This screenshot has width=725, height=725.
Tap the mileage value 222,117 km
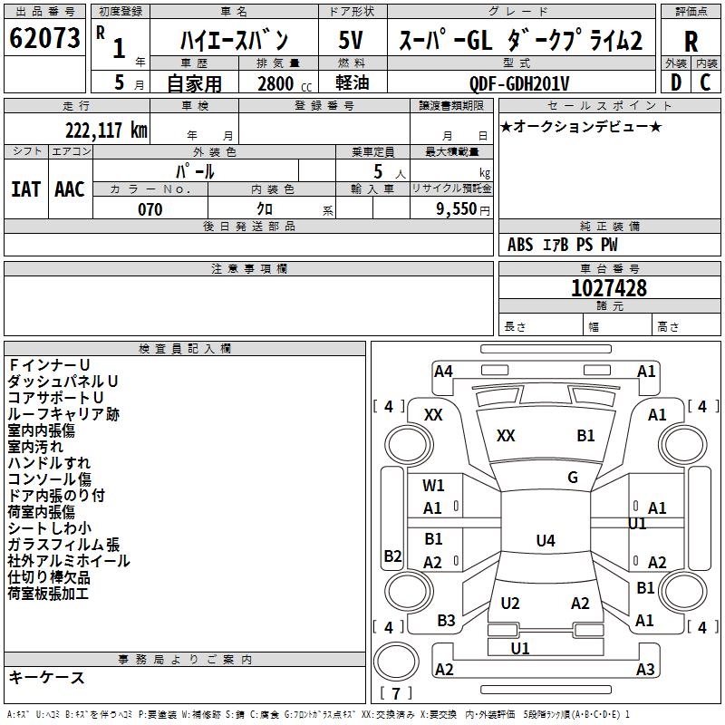(106, 130)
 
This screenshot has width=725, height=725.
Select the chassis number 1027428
(609, 288)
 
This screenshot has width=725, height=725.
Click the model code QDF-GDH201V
(525, 83)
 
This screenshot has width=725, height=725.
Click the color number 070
(150, 209)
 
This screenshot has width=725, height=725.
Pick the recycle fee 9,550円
(462, 209)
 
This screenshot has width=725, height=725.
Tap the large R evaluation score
(691, 41)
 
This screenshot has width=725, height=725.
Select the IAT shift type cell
(26, 189)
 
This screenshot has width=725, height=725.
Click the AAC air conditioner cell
(69, 189)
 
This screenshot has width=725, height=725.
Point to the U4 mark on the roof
(545, 541)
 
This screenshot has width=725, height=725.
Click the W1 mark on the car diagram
(434, 486)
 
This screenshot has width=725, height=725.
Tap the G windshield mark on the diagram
(573, 478)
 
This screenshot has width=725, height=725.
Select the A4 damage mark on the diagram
(443, 371)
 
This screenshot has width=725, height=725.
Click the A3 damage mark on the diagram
(645, 670)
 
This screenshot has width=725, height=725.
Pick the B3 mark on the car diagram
(446, 621)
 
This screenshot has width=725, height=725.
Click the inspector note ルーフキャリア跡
(63, 414)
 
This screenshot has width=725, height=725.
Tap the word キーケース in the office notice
(46, 677)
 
